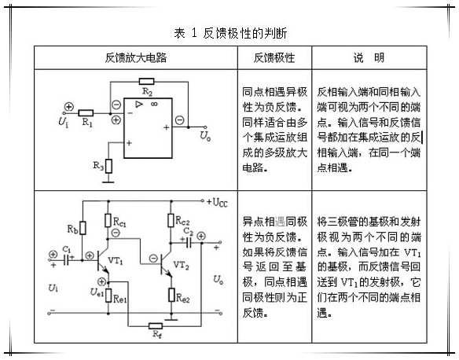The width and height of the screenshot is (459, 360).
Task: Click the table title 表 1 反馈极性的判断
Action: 230,33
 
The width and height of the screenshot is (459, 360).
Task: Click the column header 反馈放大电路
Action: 136,57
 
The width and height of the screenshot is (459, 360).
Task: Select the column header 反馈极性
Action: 274,57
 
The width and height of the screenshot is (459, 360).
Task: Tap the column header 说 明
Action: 369,57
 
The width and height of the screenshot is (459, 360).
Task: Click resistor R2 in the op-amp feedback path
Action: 146,82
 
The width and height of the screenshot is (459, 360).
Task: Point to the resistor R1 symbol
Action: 86,113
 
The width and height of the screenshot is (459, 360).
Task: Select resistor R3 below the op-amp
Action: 108,166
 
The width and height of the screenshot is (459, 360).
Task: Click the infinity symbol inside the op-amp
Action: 155,104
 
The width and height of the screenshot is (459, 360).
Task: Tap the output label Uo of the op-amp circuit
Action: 205,135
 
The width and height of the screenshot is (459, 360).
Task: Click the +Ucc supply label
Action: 217,202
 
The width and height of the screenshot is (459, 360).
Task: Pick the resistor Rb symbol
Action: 83,228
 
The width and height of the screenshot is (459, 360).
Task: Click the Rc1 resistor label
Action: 119,222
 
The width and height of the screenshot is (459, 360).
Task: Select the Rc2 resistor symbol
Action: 171,220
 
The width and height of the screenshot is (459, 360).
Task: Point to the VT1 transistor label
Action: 116,260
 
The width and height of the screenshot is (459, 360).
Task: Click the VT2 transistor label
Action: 182,265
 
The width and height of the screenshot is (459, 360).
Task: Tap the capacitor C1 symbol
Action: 67,259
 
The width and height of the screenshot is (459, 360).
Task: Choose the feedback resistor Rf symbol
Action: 156,326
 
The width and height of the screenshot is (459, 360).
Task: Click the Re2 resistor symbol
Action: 171,295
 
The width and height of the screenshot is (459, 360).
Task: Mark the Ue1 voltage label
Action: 97,292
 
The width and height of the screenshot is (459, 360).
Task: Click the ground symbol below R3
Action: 108,182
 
